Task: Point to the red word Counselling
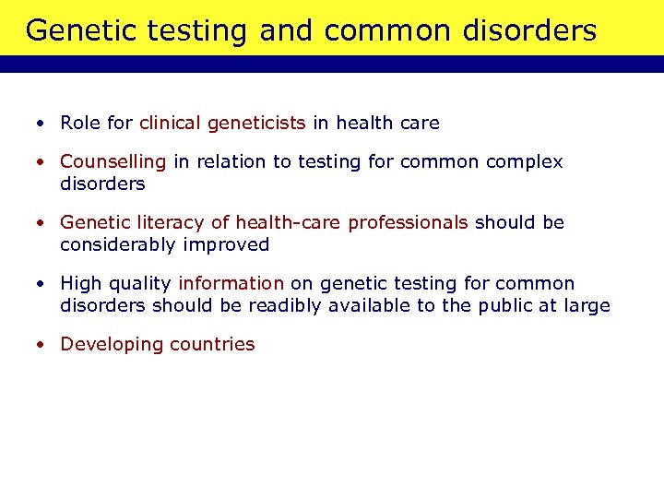(113, 162)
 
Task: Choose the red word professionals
(409, 223)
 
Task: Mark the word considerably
(118, 244)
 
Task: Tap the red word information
(231, 284)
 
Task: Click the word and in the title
(288, 30)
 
